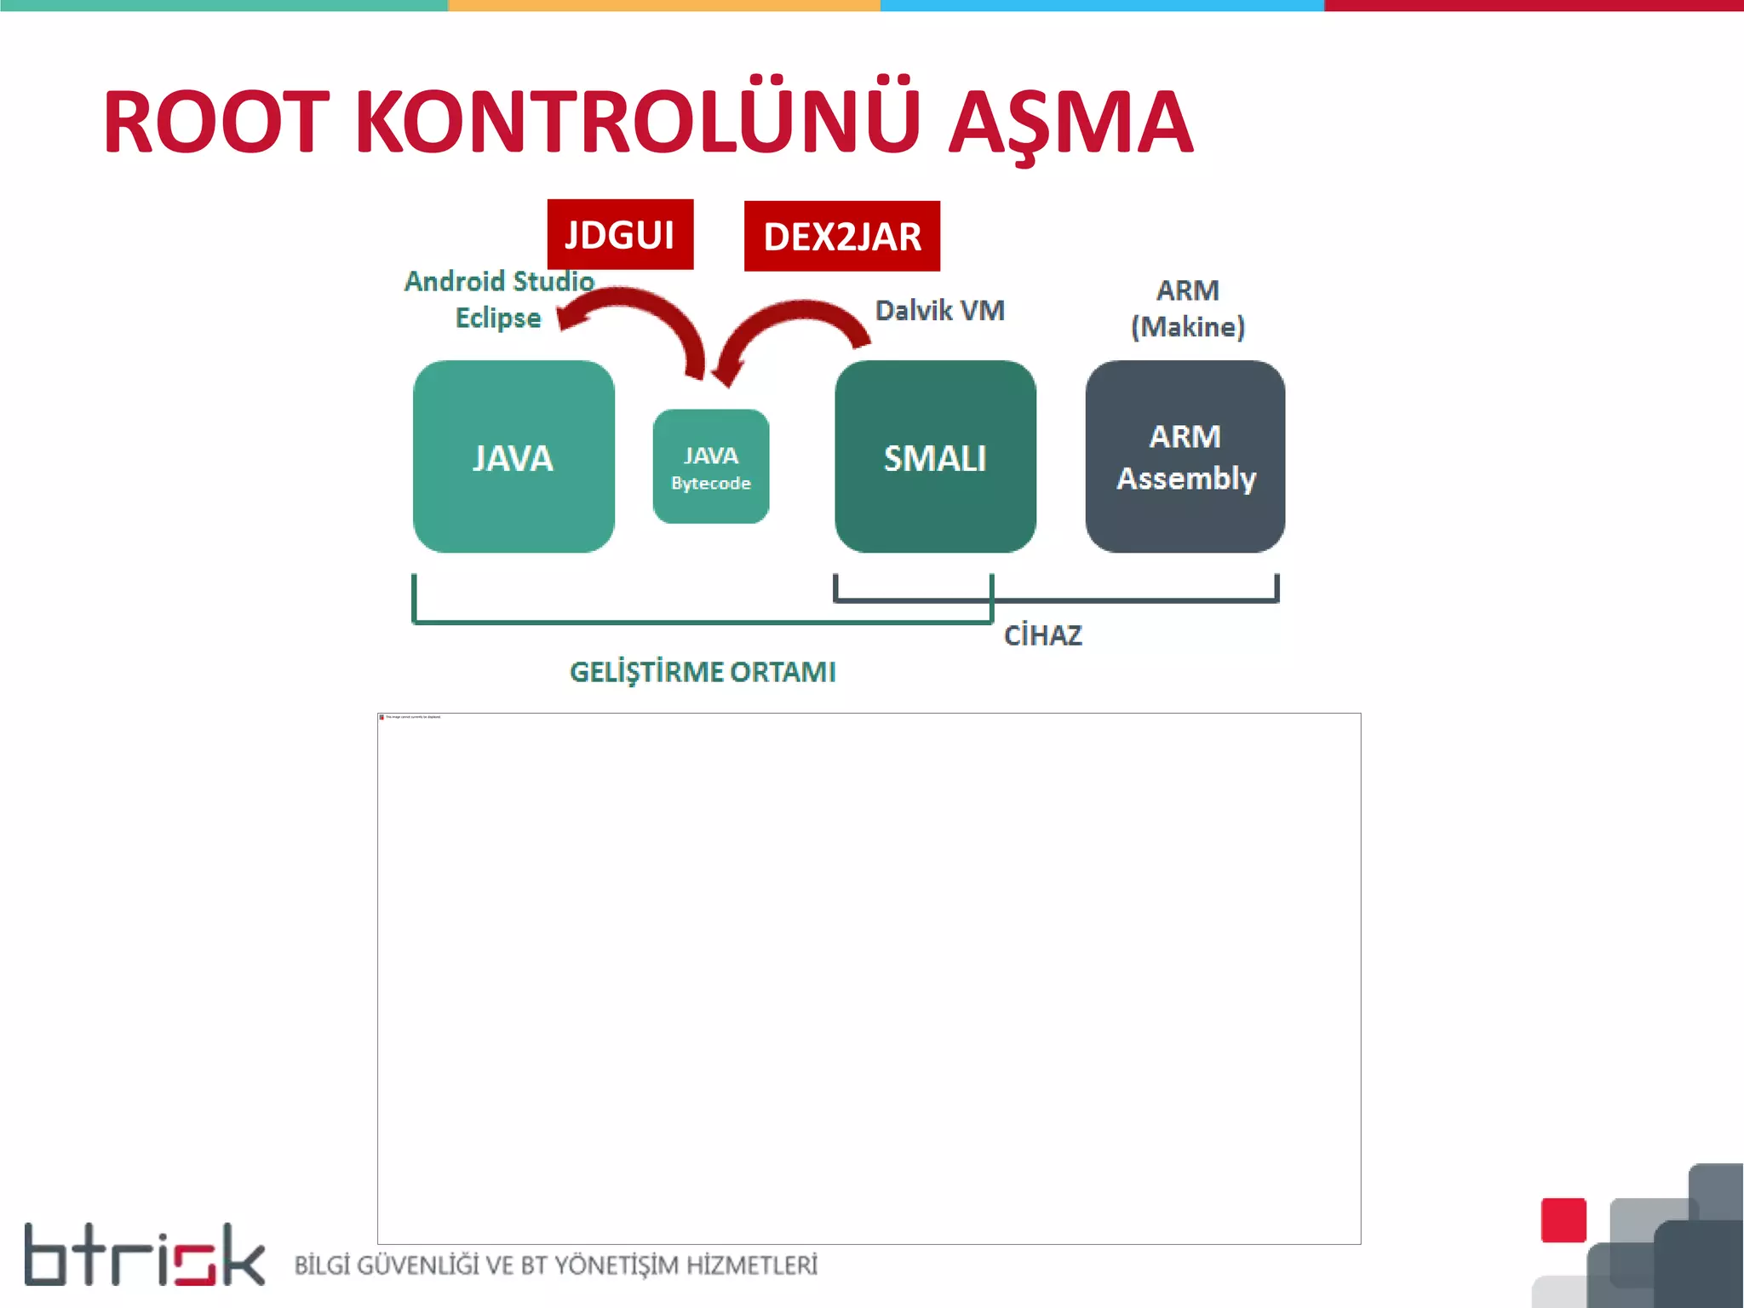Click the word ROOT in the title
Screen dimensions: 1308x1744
(x=215, y=123)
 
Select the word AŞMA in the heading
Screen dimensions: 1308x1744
(x=1070, y=124)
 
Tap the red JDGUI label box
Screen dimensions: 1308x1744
(x=620, y=235)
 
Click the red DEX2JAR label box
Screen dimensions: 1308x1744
(x=841, y=237)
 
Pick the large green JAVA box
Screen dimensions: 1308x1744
(x=513, y=457)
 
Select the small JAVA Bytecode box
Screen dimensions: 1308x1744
(x=711, y=467)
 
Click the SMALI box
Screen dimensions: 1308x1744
(x=935, y=457)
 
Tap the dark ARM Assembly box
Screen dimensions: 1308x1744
(x=1185, y=457)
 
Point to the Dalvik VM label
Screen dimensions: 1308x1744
(x=940, y=311)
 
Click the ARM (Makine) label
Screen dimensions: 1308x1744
(x=1188, y=308)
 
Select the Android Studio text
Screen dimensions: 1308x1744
(x=499, y=281)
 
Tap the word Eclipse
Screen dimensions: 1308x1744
(x=498, y=318)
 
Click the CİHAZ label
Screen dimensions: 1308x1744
(x=1043, y=635)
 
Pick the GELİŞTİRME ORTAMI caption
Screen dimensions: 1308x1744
(x=703, y=672)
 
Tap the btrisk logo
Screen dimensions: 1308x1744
(x=145, y=1255)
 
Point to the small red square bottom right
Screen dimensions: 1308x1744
(x=1563, y=1220)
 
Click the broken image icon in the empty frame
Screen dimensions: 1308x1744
(x=382, y=717)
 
